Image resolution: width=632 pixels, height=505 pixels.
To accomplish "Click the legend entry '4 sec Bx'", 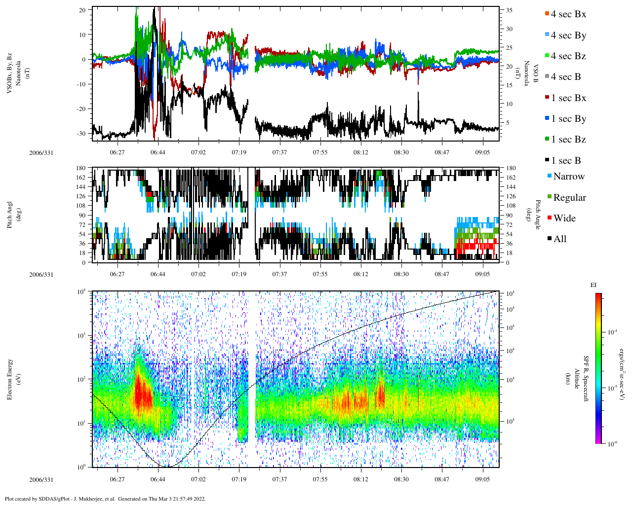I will [568, 14].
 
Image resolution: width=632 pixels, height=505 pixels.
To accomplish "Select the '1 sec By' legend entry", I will [568, 119].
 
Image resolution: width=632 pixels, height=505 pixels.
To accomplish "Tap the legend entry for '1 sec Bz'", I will [568, 140].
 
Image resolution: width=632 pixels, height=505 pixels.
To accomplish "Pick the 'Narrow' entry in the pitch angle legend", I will [568, 177].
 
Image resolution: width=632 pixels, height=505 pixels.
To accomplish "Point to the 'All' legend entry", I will [559, 239].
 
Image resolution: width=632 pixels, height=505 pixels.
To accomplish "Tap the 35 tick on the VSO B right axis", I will [509, 10].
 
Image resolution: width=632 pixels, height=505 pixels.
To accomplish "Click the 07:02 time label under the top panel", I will [198, 152].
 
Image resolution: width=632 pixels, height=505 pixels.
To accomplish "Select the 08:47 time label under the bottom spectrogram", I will [442, 479].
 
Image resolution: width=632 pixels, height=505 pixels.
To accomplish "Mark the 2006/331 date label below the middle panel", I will [41, 275].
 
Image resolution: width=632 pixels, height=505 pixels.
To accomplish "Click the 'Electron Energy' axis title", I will [10, 379].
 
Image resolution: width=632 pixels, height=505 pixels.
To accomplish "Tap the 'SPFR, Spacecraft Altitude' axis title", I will [576, 379].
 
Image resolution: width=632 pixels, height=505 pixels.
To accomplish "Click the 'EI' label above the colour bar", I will [594, 285].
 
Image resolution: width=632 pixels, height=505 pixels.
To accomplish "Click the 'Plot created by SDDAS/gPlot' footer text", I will [105, 499].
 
